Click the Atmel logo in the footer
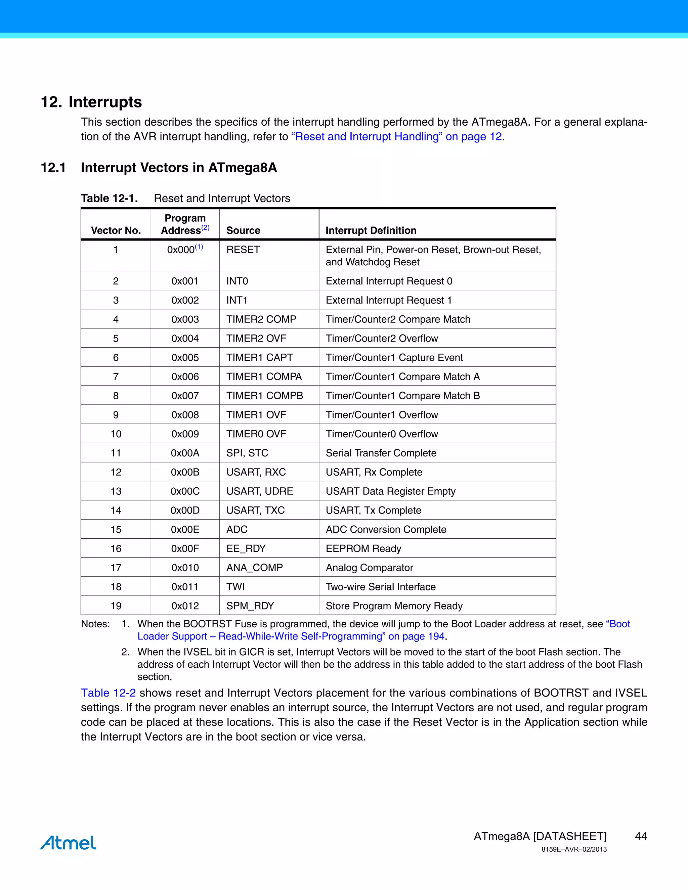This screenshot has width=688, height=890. pyautogui.click(x=68, y=842)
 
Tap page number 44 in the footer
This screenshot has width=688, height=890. pyautogui.click(x=641, y=836)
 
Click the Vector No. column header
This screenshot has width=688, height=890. pyautogui.click(x=116, y=230)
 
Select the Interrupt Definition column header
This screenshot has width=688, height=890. pyautogui.click(x=371, y=230)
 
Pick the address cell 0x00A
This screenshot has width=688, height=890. pyautogui.click(x=185, y=453)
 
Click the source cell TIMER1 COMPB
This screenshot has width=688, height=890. pyautogui.click(x=264, y=396)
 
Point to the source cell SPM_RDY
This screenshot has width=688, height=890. pyautogui.click(x=250, y=606)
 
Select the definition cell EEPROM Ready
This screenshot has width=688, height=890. pyautogui.click(x=363, y=548)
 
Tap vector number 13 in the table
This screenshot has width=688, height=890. pyautogui.click(x=116, y=491)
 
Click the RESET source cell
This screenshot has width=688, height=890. pyautogui.click(x=243, y=250)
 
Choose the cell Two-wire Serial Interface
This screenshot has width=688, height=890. pyautogui.click(x=380, y=586)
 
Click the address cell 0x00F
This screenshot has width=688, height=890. pyautogui.click(x=185, y=548)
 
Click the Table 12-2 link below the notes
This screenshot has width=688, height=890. pyautogui.click(x=108, y=693)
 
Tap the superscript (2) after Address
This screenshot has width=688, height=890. pyautogui.click(x=205, y=227)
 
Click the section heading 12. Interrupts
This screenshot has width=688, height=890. pyautogui.click(x=91, y=101)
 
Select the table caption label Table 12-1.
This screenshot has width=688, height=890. pyautogui.click(x=109, y=198)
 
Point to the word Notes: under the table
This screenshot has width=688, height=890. pyautogui.click(x=95, y=624)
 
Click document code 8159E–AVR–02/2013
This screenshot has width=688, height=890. pyautogui.click(x=574, y=849)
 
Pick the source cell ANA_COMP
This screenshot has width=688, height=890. pyautogui.click(x=254, y=568)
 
